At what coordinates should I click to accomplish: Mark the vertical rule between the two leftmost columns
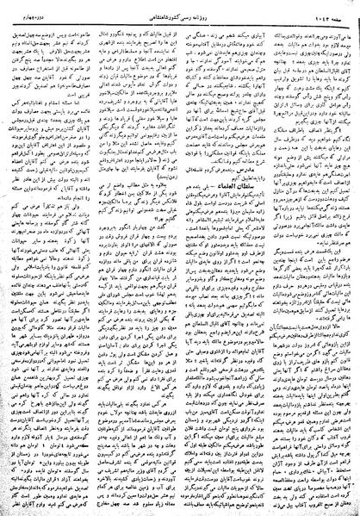[93, 258]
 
